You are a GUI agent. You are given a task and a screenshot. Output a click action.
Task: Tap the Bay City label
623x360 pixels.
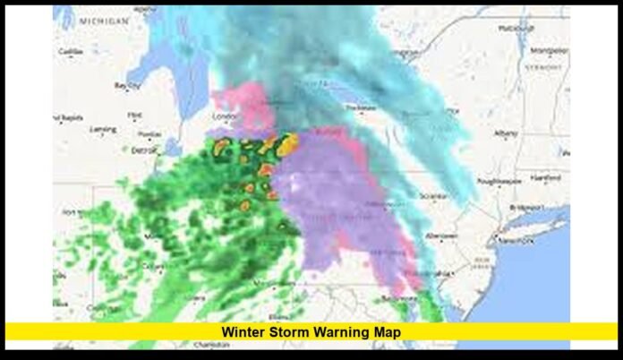click(x=124, y=86)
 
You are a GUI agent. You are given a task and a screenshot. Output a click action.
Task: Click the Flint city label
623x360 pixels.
click(x=135, y=115)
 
